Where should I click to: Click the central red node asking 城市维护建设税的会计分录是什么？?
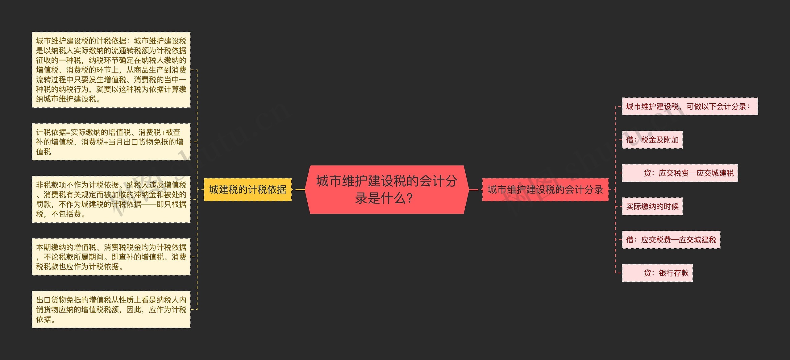tap(387, 189)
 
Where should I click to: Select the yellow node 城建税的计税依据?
tap(247, 190)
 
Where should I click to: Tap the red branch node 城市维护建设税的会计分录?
tap(545, 190)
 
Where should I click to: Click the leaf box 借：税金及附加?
tap(652, 140)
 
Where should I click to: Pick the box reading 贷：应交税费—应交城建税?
tap(680, 173)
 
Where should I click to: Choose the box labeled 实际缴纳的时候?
tap(652, 206)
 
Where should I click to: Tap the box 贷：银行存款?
tap(657, 273)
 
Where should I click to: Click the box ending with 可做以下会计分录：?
tap(689, 106)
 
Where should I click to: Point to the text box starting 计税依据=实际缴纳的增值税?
tap(111, 142)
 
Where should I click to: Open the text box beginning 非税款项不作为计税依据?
tap(111, 199)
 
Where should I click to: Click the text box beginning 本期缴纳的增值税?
tap(111, 257)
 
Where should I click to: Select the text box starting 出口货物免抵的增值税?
tap(111, 309)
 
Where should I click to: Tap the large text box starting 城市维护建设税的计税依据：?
tap(111, 70)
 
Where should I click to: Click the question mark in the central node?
tap(410, 198)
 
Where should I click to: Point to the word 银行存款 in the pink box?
tap(674, 273)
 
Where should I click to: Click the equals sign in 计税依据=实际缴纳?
tap(68, 133)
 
